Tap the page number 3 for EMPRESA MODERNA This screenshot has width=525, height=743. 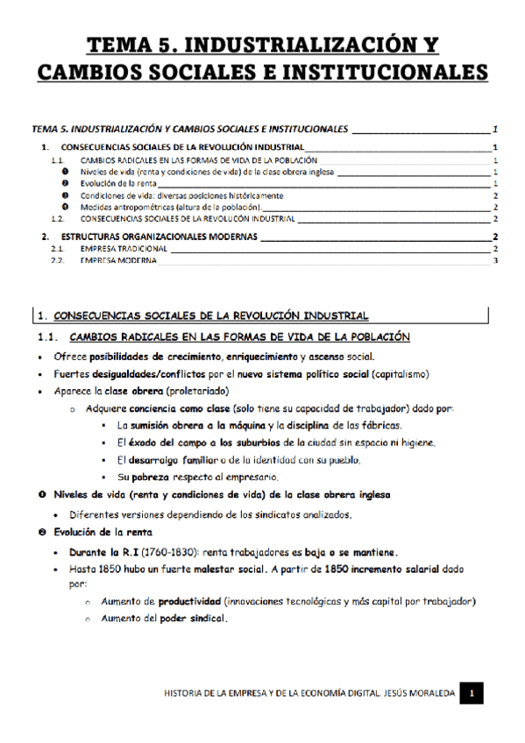[496, 260]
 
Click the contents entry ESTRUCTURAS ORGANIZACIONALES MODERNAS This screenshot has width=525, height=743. [155, 237]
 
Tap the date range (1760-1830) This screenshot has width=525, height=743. [166, 552]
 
